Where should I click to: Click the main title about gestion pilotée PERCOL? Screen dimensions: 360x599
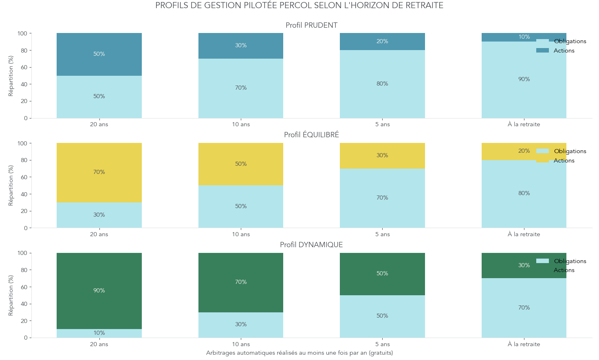[299, 6]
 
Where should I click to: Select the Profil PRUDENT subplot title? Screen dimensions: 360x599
[311, 25]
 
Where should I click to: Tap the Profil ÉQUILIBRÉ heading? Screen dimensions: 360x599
[311, 135]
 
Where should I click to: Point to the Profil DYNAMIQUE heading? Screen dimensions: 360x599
[311, 245]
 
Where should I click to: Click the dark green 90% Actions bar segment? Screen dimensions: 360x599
[99, 291]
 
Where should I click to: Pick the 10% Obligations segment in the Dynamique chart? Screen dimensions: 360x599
[99, 334]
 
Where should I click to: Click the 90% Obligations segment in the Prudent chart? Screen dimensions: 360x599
[524, 80]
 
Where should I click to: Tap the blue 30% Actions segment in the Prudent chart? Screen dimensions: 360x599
[241, 46]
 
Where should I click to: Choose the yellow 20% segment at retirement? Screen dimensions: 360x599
[524, 151]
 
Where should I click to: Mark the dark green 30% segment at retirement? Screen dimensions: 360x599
[524, 266]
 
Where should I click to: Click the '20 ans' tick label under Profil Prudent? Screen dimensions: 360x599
[99, 125]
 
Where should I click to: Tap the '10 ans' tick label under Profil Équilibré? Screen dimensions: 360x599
[241, 235]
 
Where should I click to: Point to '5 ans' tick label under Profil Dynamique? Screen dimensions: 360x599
[382, 345]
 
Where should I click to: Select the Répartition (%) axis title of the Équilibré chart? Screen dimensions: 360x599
[11, 185]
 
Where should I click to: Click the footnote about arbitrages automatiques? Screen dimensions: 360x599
[299, 353]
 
